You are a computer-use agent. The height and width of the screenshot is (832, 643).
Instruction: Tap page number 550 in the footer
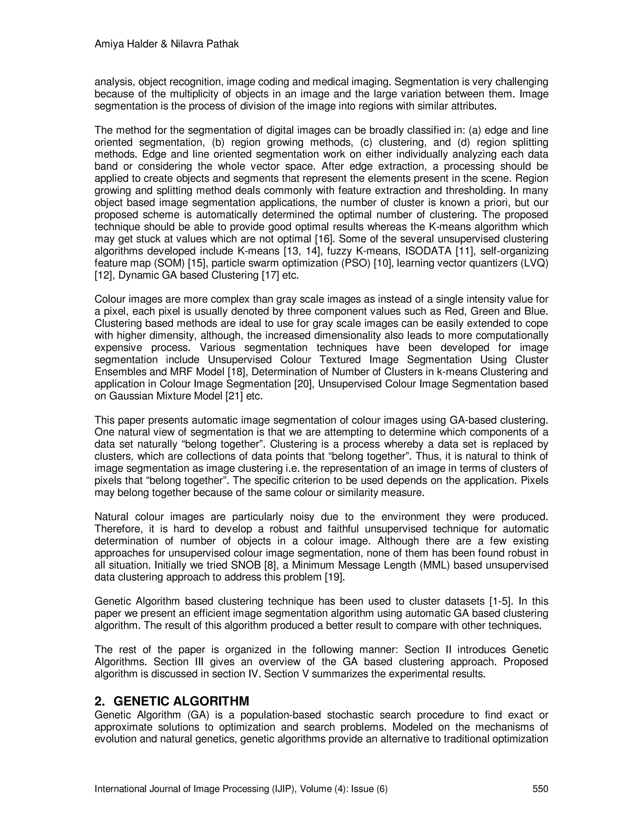(x=540, y=789)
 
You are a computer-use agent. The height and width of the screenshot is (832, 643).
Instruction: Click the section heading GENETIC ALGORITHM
(x=181, y=701)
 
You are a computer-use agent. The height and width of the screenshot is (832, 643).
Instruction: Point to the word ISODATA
(x=432, y=251)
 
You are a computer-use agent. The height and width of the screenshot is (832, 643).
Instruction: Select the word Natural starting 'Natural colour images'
(x=110, y=517)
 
